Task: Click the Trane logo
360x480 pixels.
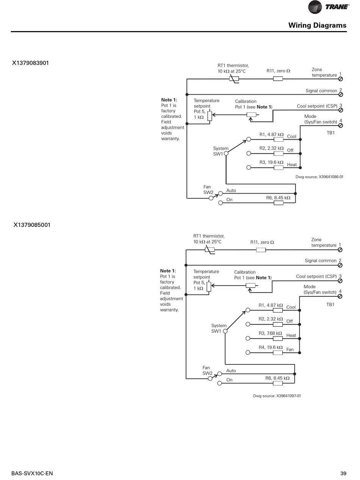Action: (328, 7)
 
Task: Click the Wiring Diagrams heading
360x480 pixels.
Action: (317, 25)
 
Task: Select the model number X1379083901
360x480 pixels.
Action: (30, 63)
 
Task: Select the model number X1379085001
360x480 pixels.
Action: (32, 225)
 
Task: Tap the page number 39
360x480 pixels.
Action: (343, 473)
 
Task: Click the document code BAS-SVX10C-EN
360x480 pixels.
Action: (32, 473)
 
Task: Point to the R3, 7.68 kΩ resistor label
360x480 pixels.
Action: (270, 333)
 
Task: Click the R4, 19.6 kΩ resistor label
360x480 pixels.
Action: (271, 347)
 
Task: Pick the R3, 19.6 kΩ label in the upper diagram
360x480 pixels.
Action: (271, 163)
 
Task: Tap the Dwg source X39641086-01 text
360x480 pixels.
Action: (319, 177)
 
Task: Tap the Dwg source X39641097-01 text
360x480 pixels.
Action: (277, 396)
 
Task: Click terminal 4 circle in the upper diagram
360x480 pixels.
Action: (340, 125)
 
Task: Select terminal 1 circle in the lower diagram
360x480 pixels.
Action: (340, 250)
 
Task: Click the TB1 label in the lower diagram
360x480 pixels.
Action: (330, 305)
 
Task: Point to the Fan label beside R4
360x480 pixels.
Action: (290, 350)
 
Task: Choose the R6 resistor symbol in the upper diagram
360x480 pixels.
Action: (279, 203)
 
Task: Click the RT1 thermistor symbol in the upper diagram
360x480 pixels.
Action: (234, 79)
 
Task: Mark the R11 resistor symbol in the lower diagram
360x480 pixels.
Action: (261, 250)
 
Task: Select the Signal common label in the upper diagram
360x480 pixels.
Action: (321, 91)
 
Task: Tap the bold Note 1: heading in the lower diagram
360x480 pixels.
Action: (168, 271)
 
